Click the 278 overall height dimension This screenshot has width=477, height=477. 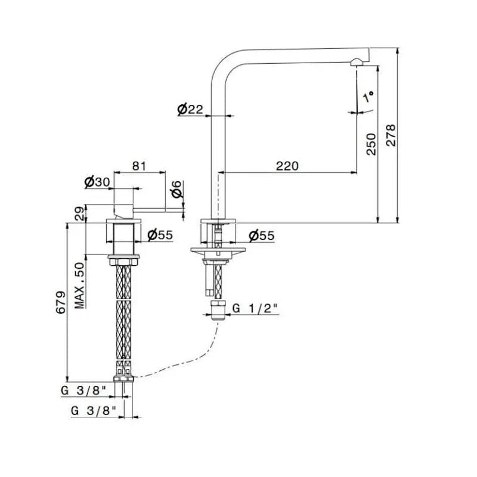coord(391,135)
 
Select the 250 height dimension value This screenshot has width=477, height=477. coord(371,144)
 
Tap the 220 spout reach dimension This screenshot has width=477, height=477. coord(287,166)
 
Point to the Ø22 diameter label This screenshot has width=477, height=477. coord(190,109)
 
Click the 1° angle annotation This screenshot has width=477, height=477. coord(368,97)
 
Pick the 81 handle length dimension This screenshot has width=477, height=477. coord(140,166)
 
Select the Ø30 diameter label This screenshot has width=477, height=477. coord(97,182)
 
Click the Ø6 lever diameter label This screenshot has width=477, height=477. coord(176,190)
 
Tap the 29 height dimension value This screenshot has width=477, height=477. coord(79,214)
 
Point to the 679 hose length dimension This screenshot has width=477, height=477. coord(60,302)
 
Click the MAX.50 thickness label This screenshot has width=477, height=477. coord(79,286)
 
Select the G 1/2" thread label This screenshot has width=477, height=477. coord(255,308)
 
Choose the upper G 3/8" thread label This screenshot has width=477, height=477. coord(83,391)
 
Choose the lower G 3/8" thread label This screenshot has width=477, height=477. coord(94,411)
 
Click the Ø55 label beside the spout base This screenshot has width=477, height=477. coord(262,236)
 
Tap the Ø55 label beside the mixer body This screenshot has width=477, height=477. coord(160,235)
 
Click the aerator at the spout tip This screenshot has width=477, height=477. coord(356,63)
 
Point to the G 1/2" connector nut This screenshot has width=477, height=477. coord(218,310)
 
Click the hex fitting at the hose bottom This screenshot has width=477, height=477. coord(123,379)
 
